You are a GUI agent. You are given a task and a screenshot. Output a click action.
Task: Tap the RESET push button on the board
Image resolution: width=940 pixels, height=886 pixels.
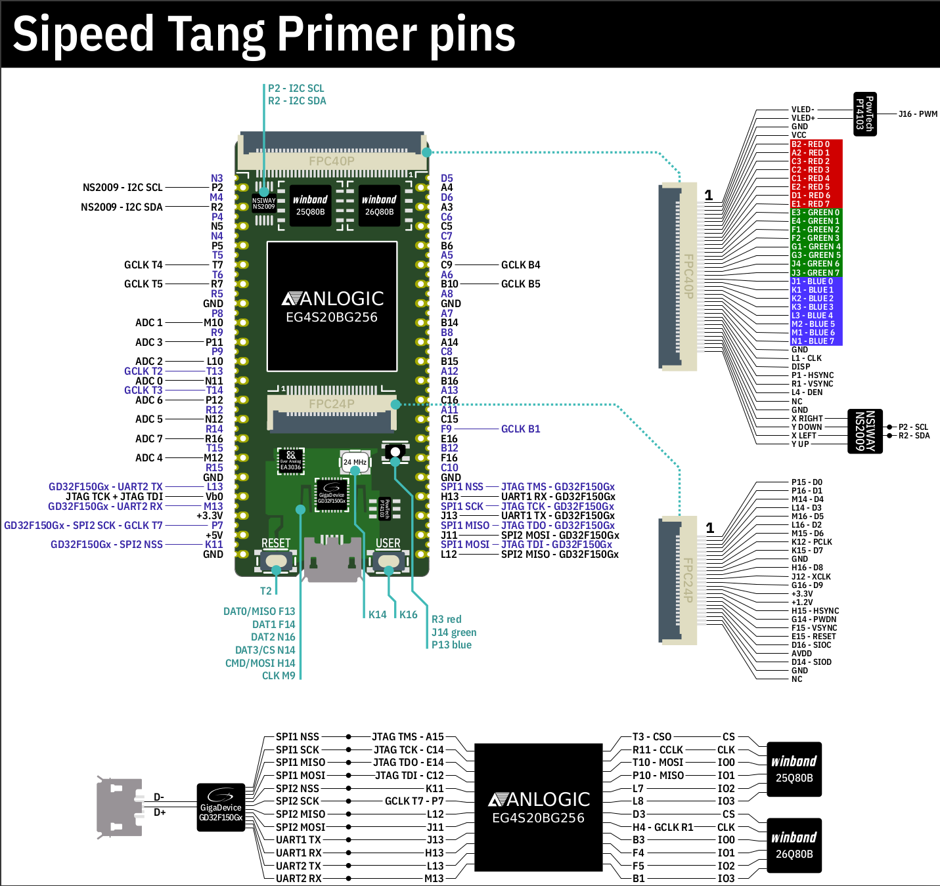tap(276, 561)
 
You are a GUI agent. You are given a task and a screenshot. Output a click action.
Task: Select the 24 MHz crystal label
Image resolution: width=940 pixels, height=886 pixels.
tap(355, 462)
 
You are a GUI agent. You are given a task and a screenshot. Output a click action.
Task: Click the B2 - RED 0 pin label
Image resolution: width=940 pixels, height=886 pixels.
tap(811, 144)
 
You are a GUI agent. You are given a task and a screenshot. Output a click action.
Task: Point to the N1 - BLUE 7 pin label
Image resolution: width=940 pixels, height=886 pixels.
tap(813, 341)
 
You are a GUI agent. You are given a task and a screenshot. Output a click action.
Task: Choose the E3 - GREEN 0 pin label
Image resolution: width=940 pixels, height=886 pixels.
tap(815, 213)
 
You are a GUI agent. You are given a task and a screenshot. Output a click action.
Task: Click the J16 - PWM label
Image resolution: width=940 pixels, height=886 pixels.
tap(918, 114)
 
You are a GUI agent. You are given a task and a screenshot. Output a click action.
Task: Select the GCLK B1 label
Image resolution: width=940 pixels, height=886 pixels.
tap(520, 429)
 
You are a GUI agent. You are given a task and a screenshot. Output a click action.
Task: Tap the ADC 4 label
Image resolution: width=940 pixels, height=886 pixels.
tap(149, 458)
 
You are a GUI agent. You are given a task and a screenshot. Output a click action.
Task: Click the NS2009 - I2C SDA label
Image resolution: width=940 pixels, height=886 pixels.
tap(122, 207)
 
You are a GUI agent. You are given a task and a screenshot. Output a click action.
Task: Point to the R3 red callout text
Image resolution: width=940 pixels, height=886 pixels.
tap(446, 620)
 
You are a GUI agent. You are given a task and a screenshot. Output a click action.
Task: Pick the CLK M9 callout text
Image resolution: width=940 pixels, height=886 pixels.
tap(279, 676)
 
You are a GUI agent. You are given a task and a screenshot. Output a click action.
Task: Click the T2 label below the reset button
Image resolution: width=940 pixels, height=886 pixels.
tap(265, 591)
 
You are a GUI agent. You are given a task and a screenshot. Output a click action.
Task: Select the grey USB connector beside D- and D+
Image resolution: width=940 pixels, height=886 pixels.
tap(120, 807)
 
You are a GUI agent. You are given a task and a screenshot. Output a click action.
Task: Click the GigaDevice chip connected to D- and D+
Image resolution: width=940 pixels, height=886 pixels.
tap(221, 807)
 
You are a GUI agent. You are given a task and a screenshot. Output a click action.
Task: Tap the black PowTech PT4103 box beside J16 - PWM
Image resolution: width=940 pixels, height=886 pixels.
tap(864, 114)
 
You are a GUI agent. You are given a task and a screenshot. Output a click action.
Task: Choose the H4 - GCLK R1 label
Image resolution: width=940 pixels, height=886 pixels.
tap(662, 828)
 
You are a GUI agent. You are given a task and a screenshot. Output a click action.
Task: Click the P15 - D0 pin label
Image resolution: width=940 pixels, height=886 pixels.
tap(807, 482)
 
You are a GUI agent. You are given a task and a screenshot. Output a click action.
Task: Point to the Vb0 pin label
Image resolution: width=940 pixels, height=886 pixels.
tap(214, 497)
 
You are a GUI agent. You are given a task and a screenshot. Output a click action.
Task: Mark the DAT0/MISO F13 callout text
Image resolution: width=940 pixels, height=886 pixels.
tap(259, 612)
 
